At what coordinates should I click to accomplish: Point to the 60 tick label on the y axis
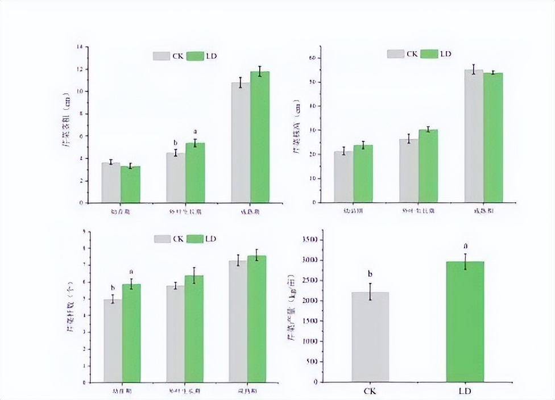[x=311, y=58]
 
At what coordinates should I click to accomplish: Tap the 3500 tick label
[x=309, y=240]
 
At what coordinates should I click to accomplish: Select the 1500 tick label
[x=309, y=321]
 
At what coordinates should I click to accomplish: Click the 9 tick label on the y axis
[x=84, y=231]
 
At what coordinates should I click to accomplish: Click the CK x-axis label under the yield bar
[x=370, y=391]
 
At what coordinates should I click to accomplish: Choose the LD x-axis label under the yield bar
[x=465, y=391]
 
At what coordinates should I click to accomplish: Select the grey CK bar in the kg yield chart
[x=370, y=336]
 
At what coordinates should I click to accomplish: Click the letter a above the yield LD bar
[x=465, y=246]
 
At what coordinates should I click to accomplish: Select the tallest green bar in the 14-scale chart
[x=260, y=136]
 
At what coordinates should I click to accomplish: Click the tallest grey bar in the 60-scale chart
[x=474, y=136]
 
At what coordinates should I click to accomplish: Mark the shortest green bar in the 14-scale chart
[x=130, y=184]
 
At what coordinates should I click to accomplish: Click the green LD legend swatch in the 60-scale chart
[x=430, y=53]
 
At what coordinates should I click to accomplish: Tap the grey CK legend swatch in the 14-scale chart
[x=161, y=56]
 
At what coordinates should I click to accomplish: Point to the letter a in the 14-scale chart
[x=195, y=131]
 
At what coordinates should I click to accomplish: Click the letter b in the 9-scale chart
[x=113, y=287]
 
